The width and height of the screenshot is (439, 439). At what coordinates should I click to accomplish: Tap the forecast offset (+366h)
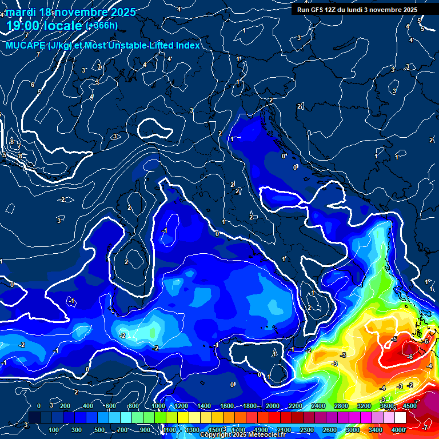click(x=101, y=25)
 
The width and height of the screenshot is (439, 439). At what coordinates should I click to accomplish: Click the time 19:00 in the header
click(x=23, y=26)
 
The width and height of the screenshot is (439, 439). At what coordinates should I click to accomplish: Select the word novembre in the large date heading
click(x=82, y=12)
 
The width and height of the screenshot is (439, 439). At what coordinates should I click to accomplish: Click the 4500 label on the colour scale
click(x=409, y=406)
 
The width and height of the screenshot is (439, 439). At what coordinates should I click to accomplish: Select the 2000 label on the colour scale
click(x=273, y=406)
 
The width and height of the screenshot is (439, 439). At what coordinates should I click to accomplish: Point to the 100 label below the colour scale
click(x=54, y=430)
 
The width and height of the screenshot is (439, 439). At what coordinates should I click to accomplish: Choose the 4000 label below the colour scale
click(x=398, y=430)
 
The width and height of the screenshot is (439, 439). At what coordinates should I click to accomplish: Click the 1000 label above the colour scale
click(x=157, y=406)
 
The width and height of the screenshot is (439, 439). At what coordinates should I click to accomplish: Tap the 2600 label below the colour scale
click(x=330, y=430)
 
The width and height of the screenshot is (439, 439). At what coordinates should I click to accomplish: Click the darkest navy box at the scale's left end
click(x=34, y=418)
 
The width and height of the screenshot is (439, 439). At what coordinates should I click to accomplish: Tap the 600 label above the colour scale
click(x=110, y=406)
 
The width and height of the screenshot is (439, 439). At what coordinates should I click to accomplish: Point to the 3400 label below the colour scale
click(x=376, y=430)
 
